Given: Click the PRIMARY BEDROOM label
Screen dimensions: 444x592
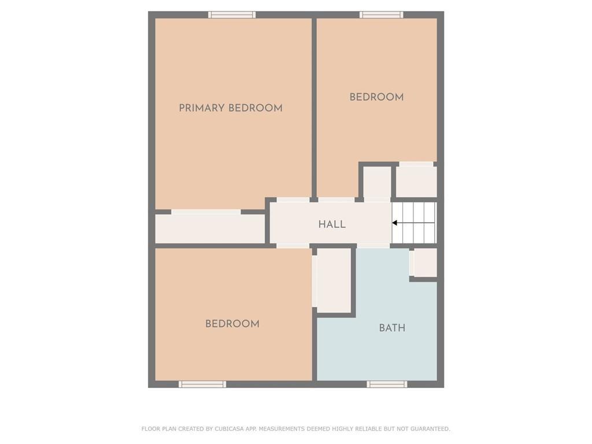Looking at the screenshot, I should coord(230,108).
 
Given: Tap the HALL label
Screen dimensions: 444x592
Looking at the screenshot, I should coord(332,224).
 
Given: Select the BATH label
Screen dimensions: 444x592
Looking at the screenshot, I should coord(392,328).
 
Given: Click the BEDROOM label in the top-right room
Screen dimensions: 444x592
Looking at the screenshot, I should coord(376,97).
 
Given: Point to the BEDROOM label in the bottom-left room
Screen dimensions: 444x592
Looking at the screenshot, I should coord(232,324).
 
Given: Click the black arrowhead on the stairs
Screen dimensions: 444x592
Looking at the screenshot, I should coord(395,223).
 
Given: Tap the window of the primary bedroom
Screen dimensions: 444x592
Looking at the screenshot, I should coord(232,14).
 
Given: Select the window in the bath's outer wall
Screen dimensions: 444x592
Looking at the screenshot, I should coord(387,384).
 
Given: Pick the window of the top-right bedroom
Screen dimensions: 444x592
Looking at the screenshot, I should coord(381,14).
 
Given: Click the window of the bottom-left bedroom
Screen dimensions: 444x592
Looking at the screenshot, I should coord(202,384).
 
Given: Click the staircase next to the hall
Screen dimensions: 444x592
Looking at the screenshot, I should coord(415,223).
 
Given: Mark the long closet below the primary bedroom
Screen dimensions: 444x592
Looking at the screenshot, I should coord(209,228).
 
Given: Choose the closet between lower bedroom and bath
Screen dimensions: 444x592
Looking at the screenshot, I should coord(334,280).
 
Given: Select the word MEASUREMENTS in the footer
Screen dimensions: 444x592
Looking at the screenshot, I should coord(282,429).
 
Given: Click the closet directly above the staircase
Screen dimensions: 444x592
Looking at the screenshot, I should coord(416,182).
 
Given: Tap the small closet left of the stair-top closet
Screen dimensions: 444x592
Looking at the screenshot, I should coord(377,183).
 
